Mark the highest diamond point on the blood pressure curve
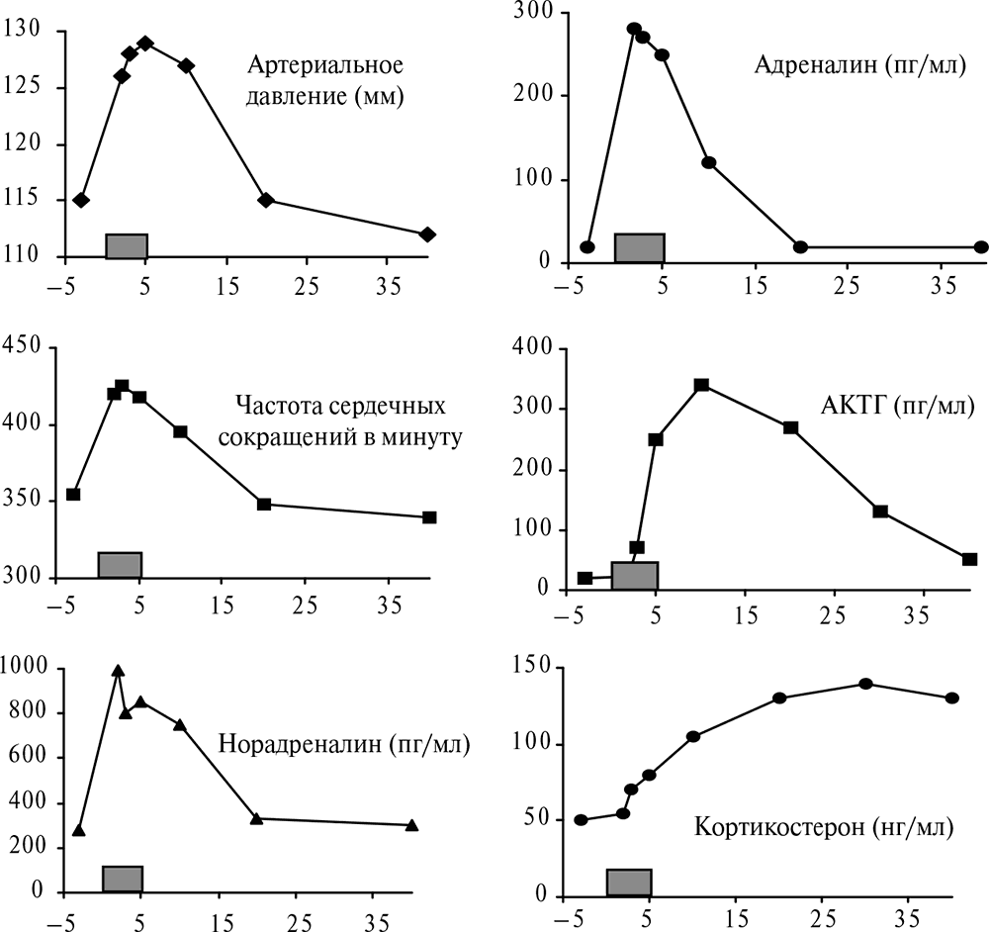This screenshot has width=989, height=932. pyautogui.click(x=145, y=44)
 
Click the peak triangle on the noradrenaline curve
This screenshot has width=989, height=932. pyautogui.click(x=118, y=671)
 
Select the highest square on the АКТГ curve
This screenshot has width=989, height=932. pyautogui.click(x=701, y=385)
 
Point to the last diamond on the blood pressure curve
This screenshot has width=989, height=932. pyautogui.click(x=427, y=234)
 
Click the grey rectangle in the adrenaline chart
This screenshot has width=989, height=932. pyautogui.click(x=639, y=247)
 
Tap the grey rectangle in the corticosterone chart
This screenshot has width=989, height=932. pyautogui.click(x=629, y=883)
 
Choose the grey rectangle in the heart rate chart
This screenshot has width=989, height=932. pyautogui.click(x=120, y=565)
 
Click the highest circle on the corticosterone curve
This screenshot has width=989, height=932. pyautogui.click(x=865, y=684)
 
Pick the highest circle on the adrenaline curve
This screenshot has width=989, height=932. pyautogui.click(x=634, y=29)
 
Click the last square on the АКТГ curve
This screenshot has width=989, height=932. pyautogui.click(x=969, y=559)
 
